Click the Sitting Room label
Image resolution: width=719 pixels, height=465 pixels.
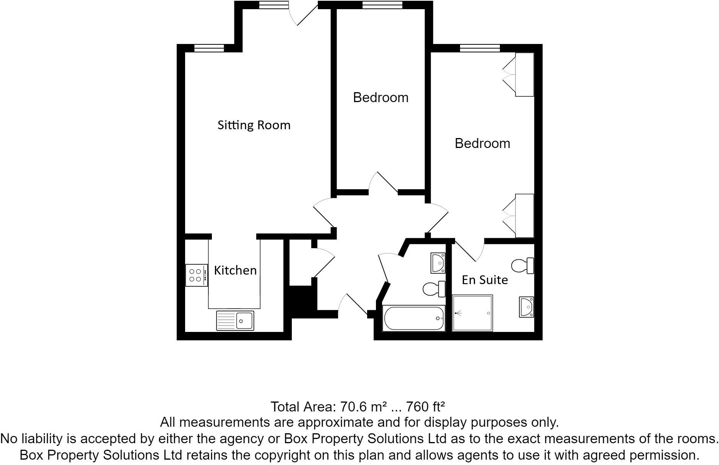click(254, 125)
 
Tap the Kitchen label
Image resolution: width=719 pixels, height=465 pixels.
click(235, 270)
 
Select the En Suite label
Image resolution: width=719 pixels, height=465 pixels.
click(485, 280)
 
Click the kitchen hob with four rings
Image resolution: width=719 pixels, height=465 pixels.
click(196, 275)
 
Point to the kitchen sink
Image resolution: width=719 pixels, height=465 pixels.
click(235, 320)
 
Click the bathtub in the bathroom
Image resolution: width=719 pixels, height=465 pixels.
click(414, 318)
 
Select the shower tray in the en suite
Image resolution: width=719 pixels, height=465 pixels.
click(472, 313)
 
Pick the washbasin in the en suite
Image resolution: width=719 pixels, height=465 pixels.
click(526, 307)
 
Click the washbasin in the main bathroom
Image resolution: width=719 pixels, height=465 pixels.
click(438, 263)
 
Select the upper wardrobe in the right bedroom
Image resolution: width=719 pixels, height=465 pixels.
click(524, 75)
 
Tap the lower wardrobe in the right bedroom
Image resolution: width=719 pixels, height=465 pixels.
click(524, 216)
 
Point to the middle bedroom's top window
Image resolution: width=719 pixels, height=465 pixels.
click(382, 5)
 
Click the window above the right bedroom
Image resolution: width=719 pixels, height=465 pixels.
click(480, 48)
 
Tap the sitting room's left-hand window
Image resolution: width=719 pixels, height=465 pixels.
click(209, 48)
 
